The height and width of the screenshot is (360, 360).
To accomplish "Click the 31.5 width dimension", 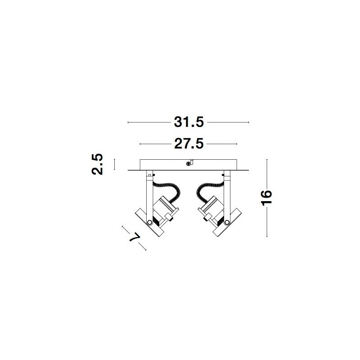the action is point(189,122).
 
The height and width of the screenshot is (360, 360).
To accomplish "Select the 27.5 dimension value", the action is point(189,144).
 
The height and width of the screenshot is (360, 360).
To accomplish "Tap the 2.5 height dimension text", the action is point(97,164).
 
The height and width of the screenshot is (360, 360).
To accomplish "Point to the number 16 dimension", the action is point(266,198).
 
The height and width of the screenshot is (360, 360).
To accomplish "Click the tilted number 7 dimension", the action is point(135,237).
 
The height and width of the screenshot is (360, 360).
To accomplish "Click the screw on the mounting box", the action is point(188,163).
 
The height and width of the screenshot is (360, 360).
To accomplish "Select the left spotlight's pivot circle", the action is point(149,222).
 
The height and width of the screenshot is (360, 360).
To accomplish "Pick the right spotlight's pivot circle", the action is point(227,222).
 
